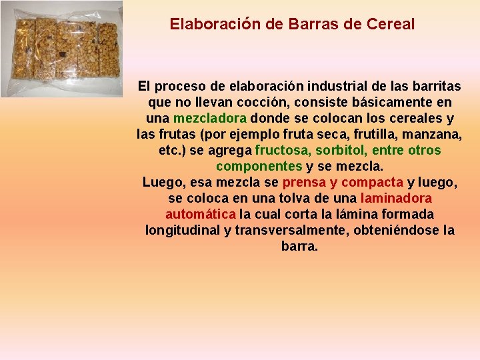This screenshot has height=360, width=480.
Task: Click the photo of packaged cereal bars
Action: [62, 49]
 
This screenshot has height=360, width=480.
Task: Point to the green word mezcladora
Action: [210, 119]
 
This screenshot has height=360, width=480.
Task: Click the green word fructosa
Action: [283, 150]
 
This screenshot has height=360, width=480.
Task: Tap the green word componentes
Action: [259, 166]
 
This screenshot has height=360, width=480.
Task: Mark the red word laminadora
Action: [396, 198]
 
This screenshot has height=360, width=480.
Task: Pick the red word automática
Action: [200, 214]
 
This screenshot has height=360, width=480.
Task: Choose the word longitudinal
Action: [183, 230]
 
